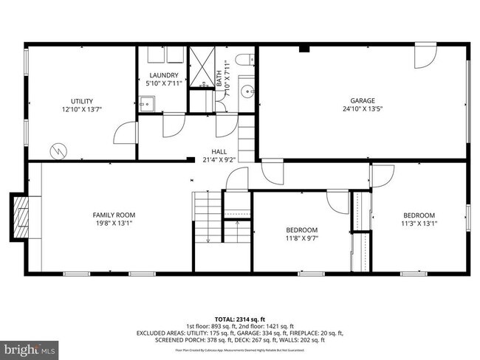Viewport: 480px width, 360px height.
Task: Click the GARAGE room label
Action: coord(363,100)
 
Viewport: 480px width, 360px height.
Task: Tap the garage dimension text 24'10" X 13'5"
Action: coord(363,109)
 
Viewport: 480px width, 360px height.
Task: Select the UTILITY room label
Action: coord(81,100)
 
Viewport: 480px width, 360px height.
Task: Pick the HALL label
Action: coord(219,151)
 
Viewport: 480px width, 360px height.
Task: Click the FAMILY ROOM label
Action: coord(114,215)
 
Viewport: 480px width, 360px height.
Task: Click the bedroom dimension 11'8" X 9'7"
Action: coord(302,238)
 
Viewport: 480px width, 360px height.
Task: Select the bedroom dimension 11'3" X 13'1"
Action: coord(419,224)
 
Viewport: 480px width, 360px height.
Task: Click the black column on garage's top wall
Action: coord(303,49)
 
